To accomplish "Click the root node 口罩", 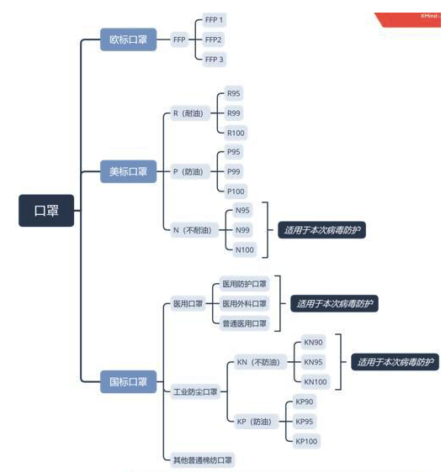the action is (46, 211).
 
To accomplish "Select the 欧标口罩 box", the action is (128, 39).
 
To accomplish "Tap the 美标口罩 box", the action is (128, 171).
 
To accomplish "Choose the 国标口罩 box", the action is (128, 381).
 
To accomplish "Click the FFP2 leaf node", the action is (213, 39).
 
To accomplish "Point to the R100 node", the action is (236, 133).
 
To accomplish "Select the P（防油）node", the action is (190, 171).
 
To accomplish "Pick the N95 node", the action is (242, 211).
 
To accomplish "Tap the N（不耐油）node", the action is (194, 230).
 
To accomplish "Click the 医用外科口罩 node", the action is (244, 304).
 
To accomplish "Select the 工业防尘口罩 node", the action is (195, 391).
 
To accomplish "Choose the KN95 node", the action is (313, 362).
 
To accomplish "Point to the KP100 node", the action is (306, 441).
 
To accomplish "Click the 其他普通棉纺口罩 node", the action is (202, 460).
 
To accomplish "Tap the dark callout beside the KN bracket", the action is (395, 362).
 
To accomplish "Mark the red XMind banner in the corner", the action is (410, 19).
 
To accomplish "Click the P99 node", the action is (234, 171).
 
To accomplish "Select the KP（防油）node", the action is (254, 422).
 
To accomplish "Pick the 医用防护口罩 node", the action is (244, 284).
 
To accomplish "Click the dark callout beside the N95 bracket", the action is (321, 230).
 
